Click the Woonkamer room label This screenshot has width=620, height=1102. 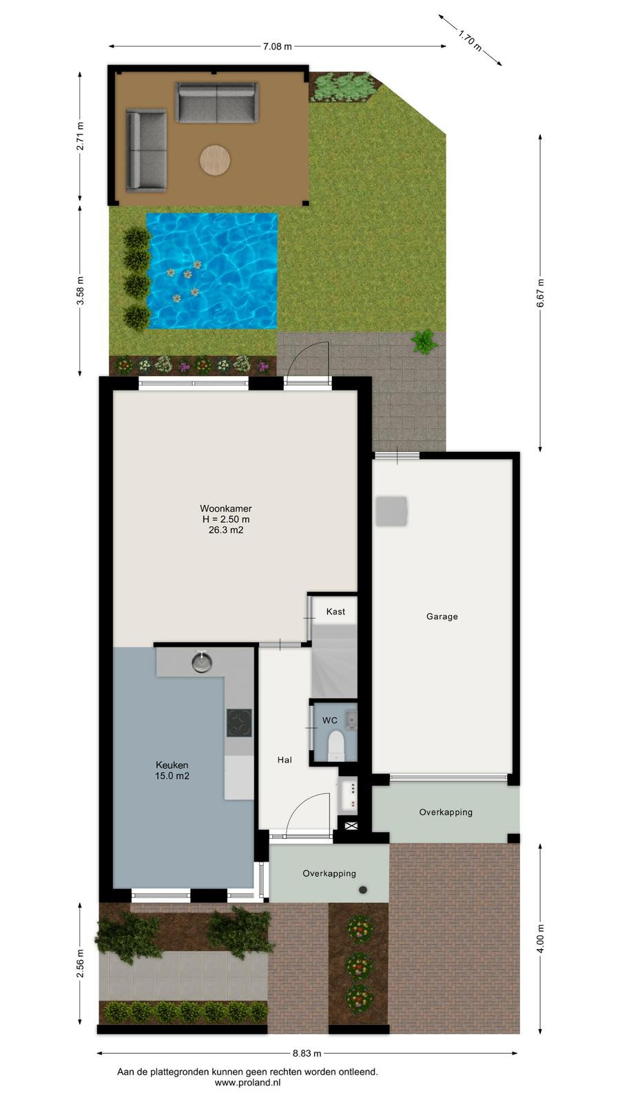[x=226, y=508]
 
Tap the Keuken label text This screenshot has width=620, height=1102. [x=172, y=765]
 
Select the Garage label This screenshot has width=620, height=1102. [x=442, y=616]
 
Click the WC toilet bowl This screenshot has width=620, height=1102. [x=336, y=745]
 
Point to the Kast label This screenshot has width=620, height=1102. [x=335, y=612]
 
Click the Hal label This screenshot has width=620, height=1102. [x=285, y=760]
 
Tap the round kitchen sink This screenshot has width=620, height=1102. [x=202, y=662]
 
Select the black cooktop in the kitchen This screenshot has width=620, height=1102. [x=239, y=722]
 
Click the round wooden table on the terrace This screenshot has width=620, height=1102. [x=215, y=160]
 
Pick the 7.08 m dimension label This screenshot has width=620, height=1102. [x=277, y=46]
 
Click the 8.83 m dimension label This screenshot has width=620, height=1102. [x=307, y=1053]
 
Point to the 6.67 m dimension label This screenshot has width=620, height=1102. [x=540, y=293]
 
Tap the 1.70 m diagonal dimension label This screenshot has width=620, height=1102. [x=470, y=40]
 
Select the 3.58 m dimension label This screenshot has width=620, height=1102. [x=80, y=291]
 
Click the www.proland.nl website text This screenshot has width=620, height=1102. [x=247, y=1082]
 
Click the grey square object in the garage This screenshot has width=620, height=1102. [x=392, y=511]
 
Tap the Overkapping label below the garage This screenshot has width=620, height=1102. [x=446, y=812]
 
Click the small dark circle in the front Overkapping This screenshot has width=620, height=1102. [x=363, y=889]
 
